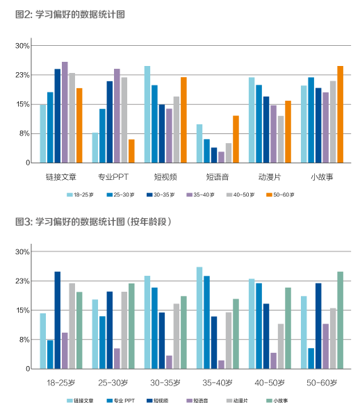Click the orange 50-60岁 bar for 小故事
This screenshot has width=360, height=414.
[x=340, y=115]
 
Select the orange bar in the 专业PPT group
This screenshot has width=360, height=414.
[x=131, y=151]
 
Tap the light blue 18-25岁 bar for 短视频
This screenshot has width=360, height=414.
[x=147, y=115]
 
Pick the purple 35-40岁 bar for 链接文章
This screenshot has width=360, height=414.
[x=65, y=113]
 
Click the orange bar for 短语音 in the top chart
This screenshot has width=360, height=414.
[x=236, y=139]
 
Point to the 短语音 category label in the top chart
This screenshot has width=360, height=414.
[x=218, y=177]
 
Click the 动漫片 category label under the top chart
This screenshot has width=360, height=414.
[x=270, y=177]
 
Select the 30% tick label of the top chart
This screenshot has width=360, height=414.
[x=22, y=46]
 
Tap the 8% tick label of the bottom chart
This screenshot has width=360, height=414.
[x=24, y=340]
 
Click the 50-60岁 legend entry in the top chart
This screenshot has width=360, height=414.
[x=280, y=195]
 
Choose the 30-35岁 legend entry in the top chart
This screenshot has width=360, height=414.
[x=161, y=195]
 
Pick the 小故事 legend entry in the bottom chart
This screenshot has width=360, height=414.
[x=277, y=401]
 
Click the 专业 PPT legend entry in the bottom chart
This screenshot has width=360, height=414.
[x=121, y=401]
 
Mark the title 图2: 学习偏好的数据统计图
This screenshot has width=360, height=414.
[x=70, y=15]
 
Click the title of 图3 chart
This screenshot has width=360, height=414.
[x=93, y=222]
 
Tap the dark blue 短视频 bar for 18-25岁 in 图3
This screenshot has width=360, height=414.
[x=57, y=320]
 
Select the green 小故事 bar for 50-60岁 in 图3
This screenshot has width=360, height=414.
[x=340, y=320]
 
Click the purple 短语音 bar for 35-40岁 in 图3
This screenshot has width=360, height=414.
[x=221, y=365]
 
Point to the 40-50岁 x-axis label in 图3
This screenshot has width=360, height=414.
[x=270, y=383]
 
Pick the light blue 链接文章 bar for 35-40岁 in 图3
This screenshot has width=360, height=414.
[x=199, y=318]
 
